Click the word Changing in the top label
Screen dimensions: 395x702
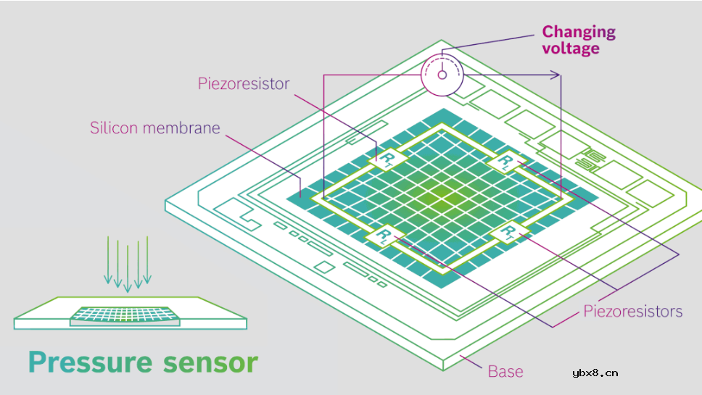(x=579, y=32)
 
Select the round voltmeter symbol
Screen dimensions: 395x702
(x=442, y=75)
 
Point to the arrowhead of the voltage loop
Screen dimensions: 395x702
(x=558, y=74)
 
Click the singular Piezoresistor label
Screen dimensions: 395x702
(x=243, y=83)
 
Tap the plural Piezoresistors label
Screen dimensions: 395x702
(x=633, y=312)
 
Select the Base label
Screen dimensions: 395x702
(x=505, y=371)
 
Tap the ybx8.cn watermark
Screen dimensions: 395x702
(x=594, y=373)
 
